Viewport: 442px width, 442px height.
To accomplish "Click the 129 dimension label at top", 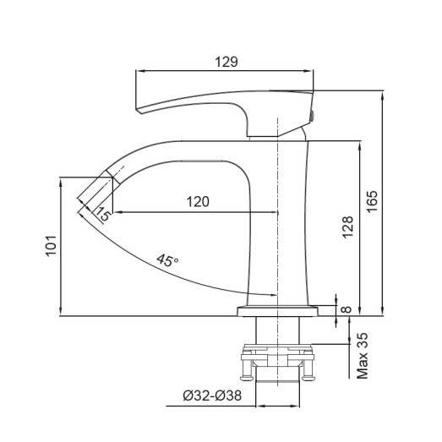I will coord(226,62).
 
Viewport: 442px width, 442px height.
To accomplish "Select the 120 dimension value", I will coord(197,201).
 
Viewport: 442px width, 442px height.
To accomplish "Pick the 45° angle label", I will coord(167,261).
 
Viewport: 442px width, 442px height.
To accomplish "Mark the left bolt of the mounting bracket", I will coord(249,368).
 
